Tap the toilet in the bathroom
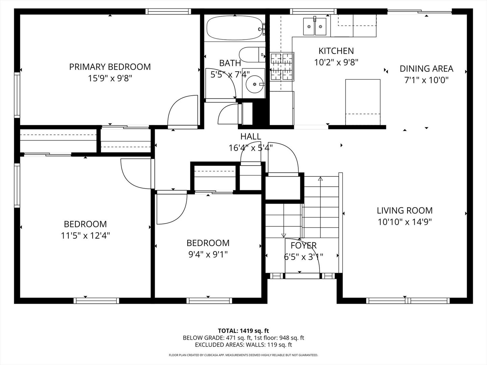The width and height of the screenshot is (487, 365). point(252,54)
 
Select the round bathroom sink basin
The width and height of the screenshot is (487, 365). point(255,84)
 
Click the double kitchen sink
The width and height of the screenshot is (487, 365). point(315,26)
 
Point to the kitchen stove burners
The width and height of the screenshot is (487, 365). point(282,67)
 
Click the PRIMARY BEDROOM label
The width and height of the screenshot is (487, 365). point(110,67)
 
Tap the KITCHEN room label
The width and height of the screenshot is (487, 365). point(336,51)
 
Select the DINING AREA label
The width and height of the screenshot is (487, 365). point(426,69)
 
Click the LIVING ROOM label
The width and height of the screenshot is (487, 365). point(405,211)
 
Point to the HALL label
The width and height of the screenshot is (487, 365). point(251,137)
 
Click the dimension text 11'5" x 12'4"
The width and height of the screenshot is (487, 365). point(86,235)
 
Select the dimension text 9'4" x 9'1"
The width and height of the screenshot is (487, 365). point(208,254)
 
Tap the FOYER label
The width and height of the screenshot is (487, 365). point(303,246)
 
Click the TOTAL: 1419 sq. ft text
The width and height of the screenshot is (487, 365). point(243,331)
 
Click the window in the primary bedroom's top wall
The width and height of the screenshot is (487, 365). point(168,11)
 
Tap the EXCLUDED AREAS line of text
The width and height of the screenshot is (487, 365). point(243,345)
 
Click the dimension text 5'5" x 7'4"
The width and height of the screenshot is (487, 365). point(230,74)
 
